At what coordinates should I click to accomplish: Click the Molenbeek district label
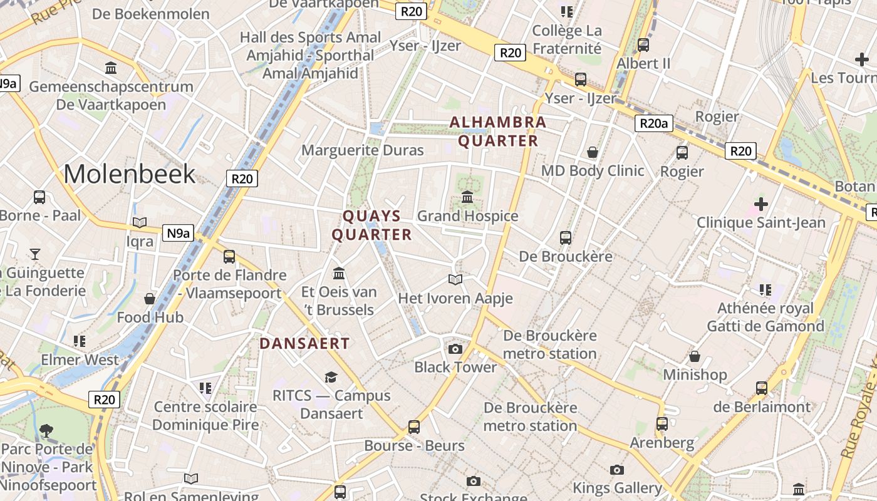pyautogui.click(x=130, y=173)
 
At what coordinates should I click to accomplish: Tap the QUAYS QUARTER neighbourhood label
pyautogui.click(x=371, y=225)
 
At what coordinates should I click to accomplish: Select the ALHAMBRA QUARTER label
pyautogui.click(x=498, y=132)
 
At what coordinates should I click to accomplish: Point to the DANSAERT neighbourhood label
pyautogui.click(x=304, y=343)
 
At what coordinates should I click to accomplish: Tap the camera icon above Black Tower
pyautogui.click(x=455, y=349)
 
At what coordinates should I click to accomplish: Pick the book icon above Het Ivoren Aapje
pyautogui.click(x=455, y=279)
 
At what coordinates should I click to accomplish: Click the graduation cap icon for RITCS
pyautogui.click(x=331, y=377)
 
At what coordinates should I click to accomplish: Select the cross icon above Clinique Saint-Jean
pyautogui.click(x=761, y=204)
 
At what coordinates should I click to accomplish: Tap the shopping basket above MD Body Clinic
pyautogui.click(x=593, y=152)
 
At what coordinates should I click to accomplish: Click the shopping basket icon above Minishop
pyautogui.click(x=695, y=357)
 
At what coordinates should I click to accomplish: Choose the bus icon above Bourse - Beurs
pyautogui.click(x=414, y=427)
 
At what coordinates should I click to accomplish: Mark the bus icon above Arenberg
pyautogui.click(x=662, y=424)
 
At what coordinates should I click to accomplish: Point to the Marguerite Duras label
pyautogui.click(x=363, y=150)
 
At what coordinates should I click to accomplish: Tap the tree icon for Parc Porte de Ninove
pyautogui.click(x=46, y=430)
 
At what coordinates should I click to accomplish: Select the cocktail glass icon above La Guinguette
pyautogui.click(x=35, y=254)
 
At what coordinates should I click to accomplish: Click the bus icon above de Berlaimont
pyautogui.click(x=762, y=388)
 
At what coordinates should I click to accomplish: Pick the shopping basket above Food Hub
pyautogui.click(x=150, y=299)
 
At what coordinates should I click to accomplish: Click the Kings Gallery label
pyautogui.click(x=617, y=488)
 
